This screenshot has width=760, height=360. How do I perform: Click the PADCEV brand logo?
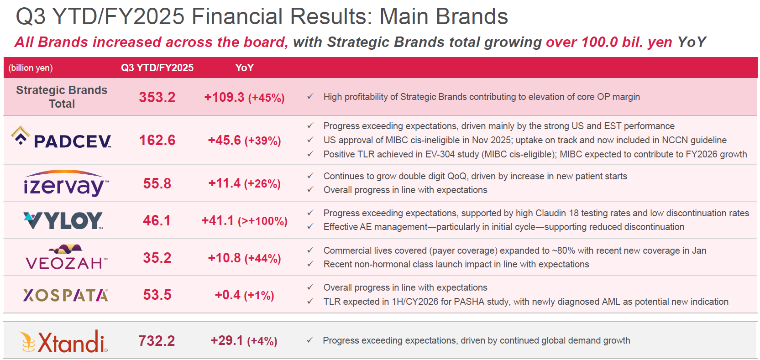coord(62,138)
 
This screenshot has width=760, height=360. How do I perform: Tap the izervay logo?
coord(66,183)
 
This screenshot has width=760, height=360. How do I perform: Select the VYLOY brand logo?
coord(63,220)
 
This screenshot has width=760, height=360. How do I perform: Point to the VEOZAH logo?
coord(67,257)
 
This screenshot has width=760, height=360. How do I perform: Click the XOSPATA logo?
coord(66,295)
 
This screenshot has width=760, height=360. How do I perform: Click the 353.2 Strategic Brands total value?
coord(157,97)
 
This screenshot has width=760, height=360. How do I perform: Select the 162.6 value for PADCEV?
coord(157,140)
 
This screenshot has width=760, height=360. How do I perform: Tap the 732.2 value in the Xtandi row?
coord(157,341)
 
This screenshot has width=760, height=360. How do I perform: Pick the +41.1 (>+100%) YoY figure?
coord(244,221)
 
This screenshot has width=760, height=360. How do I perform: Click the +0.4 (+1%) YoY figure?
coord(244,295)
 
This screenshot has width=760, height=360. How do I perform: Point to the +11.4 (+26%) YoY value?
coord(244,183)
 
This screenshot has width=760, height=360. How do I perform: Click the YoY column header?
coord(244,68)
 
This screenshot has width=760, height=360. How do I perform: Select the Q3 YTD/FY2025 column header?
coord(157,68)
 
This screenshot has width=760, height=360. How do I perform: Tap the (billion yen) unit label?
coord(31,68)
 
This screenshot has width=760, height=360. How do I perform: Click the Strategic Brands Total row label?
coord(62,97)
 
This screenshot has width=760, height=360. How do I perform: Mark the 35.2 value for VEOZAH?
coord(157,258)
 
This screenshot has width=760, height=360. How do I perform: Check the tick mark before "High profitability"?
coord(310,97)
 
